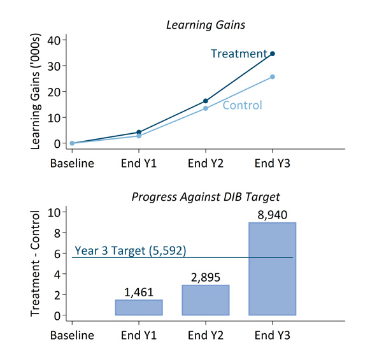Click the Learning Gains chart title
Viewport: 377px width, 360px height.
[206, 25]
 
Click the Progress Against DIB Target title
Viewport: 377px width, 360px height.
[206, 197]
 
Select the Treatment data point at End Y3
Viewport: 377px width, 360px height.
[273, 54]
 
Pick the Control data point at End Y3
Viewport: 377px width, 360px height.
[273, 76]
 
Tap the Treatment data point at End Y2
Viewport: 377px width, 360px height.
[206, 101]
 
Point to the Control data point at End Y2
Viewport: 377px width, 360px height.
[206, 108]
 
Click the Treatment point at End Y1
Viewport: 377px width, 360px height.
[139, 132]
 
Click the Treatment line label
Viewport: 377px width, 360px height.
[239, 54]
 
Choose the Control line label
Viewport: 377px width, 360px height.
[243, 105]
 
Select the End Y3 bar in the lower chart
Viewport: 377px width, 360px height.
[273, 269]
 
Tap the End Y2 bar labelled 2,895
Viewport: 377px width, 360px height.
[206, 300]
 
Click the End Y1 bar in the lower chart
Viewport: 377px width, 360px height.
[139, 308]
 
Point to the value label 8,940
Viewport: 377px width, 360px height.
[273, 215]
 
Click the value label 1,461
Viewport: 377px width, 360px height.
[139, 292]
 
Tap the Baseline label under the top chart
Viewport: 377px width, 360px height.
[72, 163]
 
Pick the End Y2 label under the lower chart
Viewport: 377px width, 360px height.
[206, 335]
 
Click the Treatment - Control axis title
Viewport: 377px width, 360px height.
[35, 263]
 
